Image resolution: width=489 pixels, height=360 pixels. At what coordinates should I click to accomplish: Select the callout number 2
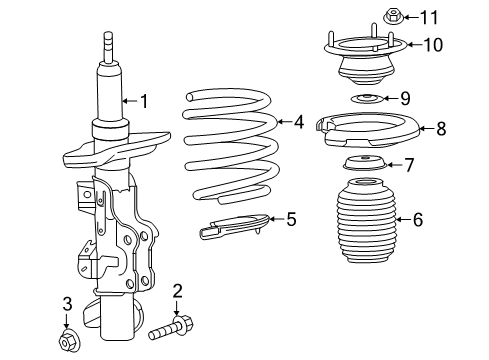[177, 292]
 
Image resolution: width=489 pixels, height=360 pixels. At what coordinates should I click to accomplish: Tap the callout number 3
[67, 303]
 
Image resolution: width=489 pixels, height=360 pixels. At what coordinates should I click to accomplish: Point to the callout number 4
[298, 122]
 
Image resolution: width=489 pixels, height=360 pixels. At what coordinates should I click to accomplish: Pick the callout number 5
[291, 218]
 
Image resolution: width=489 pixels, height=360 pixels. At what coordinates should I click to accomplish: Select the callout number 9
[405, 98]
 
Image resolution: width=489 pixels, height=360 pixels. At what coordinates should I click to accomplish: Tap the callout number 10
[433, 44]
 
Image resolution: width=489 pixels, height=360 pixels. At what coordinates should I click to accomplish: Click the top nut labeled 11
[392, 15]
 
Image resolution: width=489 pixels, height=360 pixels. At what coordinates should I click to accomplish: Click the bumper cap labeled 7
[363, 165]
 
